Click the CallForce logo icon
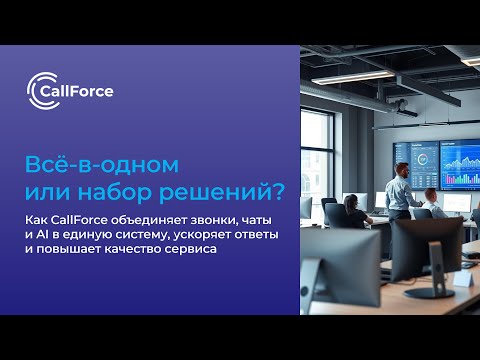pyautogui.click(x=39, y=91)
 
